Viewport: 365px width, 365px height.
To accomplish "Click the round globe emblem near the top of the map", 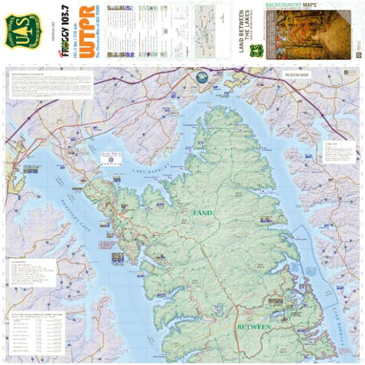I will pos(202,78).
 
